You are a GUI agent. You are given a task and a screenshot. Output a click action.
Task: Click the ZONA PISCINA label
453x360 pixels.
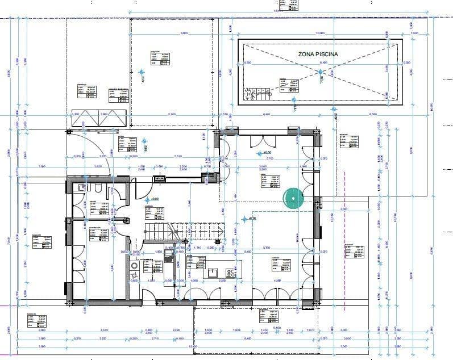click(318, 54)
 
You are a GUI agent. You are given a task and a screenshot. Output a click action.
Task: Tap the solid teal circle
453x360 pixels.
click(293, 198)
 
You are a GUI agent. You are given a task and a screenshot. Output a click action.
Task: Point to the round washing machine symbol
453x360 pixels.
click(135, 265)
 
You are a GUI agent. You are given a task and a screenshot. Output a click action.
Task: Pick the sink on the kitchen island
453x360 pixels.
click(214, 271)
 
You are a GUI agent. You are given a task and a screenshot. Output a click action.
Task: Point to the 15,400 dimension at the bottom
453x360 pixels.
click(193, 346)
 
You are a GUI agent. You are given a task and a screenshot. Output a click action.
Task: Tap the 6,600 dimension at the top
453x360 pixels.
click(184, 33)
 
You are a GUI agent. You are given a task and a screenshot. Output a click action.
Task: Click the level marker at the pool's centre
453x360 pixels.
click(320, 72)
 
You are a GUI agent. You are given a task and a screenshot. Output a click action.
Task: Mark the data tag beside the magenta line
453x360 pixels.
click(356, 250)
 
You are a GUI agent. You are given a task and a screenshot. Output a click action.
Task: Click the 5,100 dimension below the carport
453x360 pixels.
click(172, 114)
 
